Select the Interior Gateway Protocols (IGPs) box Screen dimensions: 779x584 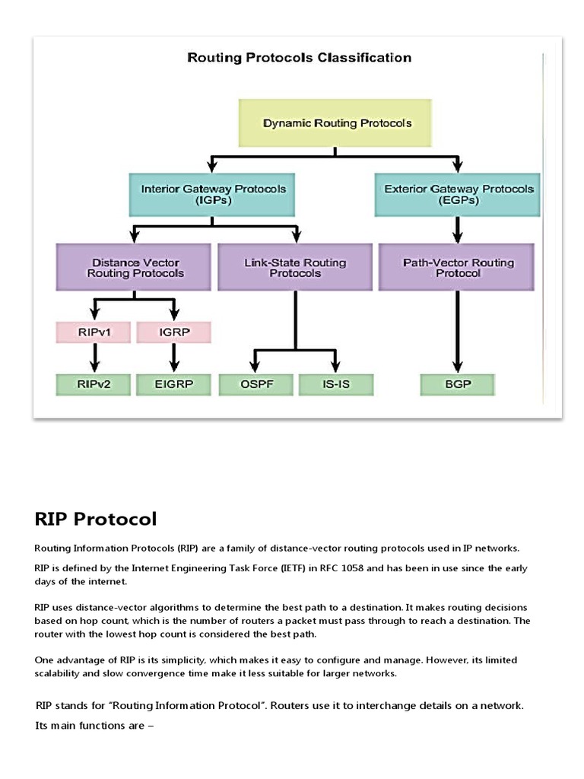pyautogui.click(x=214, y=195)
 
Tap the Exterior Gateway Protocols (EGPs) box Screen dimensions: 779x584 pyautogui.click(x=459, y=195)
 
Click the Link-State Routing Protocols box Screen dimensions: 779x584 pyautogui.click(x=295, y=267)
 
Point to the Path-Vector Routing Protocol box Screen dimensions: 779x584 pyautogui.click(x=458, y=267)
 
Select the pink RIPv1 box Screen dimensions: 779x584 pyautogui.click(x=94, y=332)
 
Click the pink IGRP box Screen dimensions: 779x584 pyautogui.click(x=173, y=332)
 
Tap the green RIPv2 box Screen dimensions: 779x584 pyautogui.click(x=94, y=384)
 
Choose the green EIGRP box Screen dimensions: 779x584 pyautogui.click(x=173, y=384)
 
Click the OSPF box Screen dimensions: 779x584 pyautogui.click(x=255, y=384)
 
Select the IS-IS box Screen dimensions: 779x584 pyautogui.click(x=335, y=384)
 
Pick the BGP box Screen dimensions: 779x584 pyautogui.click(x=457, y=384)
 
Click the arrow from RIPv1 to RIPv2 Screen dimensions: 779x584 pyautogui.click(x=94, y=358)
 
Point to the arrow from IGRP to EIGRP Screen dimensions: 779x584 pyautogui.click(x=173, y=358)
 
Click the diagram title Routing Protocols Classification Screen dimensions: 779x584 pyautogui.click(x=299, y=58)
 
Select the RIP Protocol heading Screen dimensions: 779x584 pyautogui.click(x=96, y=519)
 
